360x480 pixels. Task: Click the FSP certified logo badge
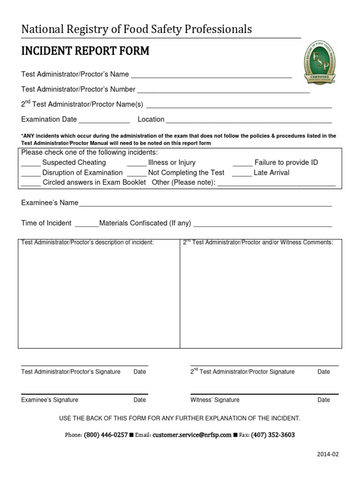pos(320,63)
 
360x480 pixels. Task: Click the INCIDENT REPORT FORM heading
pos(85,51)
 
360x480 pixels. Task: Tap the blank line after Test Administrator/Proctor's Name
pos(211,75)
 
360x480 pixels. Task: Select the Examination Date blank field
pos(104,120)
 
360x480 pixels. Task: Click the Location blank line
pos(249,120)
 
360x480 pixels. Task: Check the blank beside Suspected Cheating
pos(31,164)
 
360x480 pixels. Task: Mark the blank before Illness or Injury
pos(136,164)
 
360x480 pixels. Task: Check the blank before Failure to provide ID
pos(242,164)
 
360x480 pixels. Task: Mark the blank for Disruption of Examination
pos(31,173)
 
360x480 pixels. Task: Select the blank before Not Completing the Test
pos(136,173)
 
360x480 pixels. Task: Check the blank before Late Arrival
pos(242,173)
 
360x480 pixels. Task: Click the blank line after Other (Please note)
pos(277,184)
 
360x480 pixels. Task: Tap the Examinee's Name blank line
pos(205,204)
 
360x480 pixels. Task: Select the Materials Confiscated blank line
pos(262,225)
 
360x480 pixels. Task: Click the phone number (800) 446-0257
pos(105,435)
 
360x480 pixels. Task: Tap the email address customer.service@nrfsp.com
pos(192,435)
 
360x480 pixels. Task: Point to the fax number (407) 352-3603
pos(273,435)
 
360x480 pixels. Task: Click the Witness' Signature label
pos(215,400)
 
